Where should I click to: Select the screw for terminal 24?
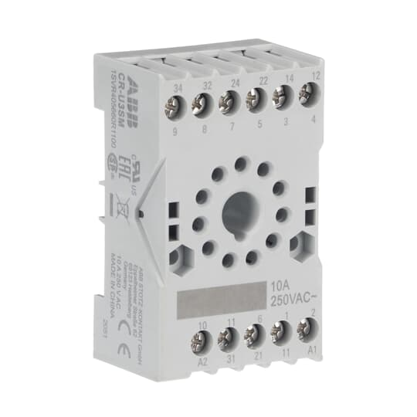[228, 100]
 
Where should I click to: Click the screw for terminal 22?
[255, 98]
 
